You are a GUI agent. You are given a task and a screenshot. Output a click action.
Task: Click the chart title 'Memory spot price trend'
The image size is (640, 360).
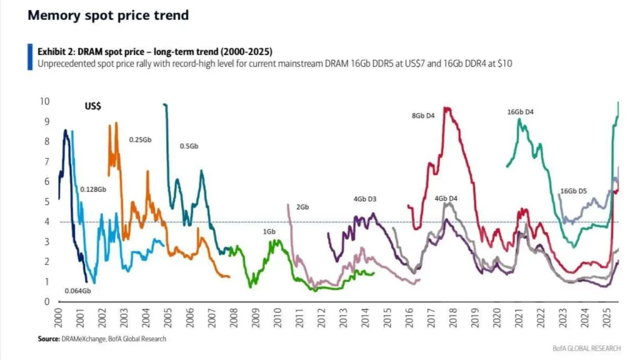click(108, 16)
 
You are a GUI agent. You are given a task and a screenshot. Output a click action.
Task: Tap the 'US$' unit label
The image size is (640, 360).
click(92, 106)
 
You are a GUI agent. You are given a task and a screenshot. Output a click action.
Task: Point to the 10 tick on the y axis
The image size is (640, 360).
click(45, 101)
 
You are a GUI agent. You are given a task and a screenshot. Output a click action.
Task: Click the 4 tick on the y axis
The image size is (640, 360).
click(47, 222)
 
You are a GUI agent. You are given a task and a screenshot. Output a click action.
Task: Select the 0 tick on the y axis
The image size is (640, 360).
click(47, 302)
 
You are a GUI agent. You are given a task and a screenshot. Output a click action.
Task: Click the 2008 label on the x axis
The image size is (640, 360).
click(234, 318)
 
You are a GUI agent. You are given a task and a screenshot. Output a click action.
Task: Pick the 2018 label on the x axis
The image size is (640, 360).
click(453, 318)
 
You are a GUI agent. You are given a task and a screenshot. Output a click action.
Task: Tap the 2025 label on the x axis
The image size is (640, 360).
click(607, 318)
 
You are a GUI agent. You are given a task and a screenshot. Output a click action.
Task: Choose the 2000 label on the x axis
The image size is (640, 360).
click(58, 318)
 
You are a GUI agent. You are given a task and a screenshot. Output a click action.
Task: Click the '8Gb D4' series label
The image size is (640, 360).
click(423, 116)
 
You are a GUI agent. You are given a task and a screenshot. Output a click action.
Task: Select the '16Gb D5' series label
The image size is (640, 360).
click(574, 191)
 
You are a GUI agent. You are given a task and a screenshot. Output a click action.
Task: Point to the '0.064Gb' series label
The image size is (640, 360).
click(77, 291)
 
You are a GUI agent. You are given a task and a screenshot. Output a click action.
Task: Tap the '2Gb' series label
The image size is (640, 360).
click(302, 207)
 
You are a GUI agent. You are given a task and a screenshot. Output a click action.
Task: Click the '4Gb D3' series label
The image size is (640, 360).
click(365, 199)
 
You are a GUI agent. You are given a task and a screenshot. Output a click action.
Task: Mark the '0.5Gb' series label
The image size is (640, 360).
click(189, 146)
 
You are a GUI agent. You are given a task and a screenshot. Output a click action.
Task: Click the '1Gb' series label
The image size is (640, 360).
click(269, 232)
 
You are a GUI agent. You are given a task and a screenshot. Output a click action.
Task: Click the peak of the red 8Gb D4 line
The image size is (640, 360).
click(446, 108)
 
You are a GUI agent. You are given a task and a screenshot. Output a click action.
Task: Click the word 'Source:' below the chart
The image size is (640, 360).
click(49, 339)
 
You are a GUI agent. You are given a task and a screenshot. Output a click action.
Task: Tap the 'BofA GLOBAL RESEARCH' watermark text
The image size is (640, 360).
click(586, 349)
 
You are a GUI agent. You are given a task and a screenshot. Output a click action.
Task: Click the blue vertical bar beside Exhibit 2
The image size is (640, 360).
click(30, 57)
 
